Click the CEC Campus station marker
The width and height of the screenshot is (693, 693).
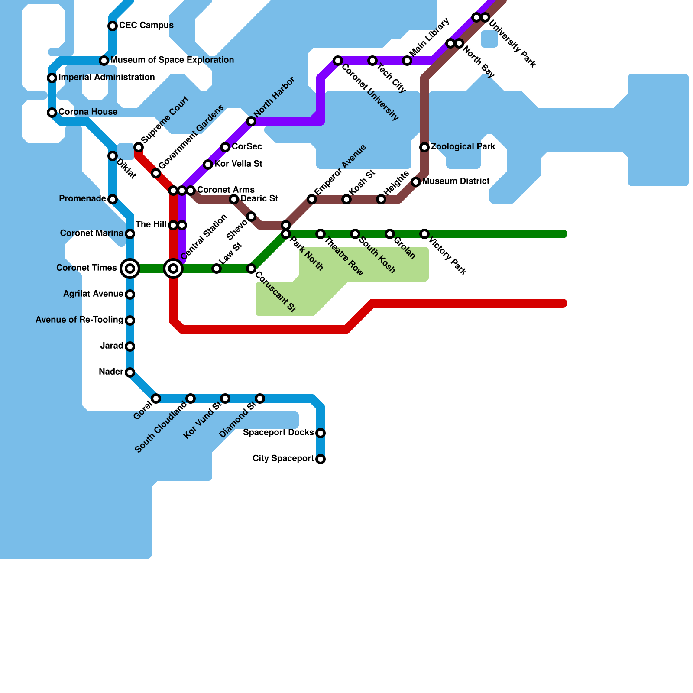tap(113, 26)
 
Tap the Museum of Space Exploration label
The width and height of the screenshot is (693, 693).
tap(172, 60)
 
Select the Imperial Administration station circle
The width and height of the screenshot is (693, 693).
tap(52, 78)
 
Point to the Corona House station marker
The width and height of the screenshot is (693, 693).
tap(52, 113)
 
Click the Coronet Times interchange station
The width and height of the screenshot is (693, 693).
tap(130, 269)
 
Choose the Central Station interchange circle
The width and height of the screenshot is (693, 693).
tap(173, 269)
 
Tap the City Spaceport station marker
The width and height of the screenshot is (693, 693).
tap(321, 459)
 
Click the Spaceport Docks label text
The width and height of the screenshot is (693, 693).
tap(278, 432)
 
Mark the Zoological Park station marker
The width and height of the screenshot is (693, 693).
tap(424, 147)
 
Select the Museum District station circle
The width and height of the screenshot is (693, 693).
tap(416, 182)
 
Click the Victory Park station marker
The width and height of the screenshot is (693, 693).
tap(424, 234)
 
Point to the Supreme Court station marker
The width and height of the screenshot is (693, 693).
tap(139, 147)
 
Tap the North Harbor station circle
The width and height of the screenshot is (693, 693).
tap(251, 121)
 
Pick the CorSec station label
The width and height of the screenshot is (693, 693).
tap(247, 146)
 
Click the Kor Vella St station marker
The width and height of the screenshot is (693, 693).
tap(208, 165)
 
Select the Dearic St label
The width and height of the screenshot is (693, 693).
tap(259, 198)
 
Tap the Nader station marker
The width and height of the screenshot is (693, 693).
tap(130, 372)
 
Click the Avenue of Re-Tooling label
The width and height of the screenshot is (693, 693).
tap(79, 320)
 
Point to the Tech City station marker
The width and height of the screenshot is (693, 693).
tap(372, 61)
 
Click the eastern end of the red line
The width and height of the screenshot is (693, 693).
tap(564, 303)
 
